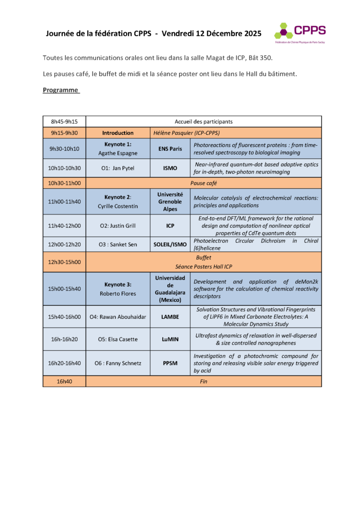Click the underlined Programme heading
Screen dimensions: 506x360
61,90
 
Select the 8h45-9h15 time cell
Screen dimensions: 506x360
64,122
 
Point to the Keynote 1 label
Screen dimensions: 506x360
118,145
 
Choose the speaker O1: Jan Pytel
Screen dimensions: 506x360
118,168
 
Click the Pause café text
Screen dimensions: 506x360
204,183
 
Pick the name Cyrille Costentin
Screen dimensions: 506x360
118,206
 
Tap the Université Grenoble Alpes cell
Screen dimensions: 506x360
170,202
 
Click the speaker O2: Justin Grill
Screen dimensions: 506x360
118,226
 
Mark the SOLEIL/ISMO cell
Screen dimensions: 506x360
170,245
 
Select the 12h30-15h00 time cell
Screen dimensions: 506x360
64,262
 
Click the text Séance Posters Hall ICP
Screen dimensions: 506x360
204,267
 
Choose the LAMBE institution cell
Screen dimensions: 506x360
170,317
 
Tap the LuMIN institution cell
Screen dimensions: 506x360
170,339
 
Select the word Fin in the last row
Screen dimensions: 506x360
204,381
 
